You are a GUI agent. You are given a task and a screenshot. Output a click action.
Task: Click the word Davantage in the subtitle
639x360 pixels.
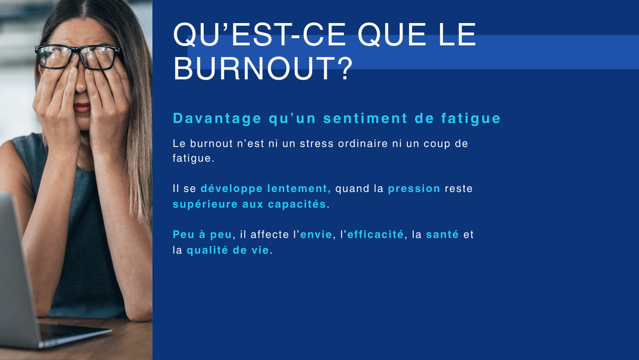click(217, 119)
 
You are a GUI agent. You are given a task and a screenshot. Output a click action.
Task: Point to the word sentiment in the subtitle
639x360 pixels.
click(365, 118)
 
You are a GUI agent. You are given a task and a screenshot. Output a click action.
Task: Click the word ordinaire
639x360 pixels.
click(363, 143)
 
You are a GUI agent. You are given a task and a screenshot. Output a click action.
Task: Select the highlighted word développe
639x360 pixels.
click(231, 189)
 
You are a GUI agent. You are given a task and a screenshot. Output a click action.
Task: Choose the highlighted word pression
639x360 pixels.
click(414, 189)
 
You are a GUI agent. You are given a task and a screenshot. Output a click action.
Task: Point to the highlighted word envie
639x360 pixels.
click(316, 235)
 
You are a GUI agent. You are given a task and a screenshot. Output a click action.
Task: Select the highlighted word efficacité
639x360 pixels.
click(375, 234)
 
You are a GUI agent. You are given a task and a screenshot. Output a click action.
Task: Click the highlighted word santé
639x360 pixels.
click(442, 234)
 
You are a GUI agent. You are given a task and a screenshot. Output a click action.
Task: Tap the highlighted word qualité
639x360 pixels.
click(207, 250)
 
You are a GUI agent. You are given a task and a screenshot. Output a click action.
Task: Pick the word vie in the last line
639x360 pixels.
click(260, 250)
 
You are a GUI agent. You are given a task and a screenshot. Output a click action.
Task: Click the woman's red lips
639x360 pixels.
click(82, 108)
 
